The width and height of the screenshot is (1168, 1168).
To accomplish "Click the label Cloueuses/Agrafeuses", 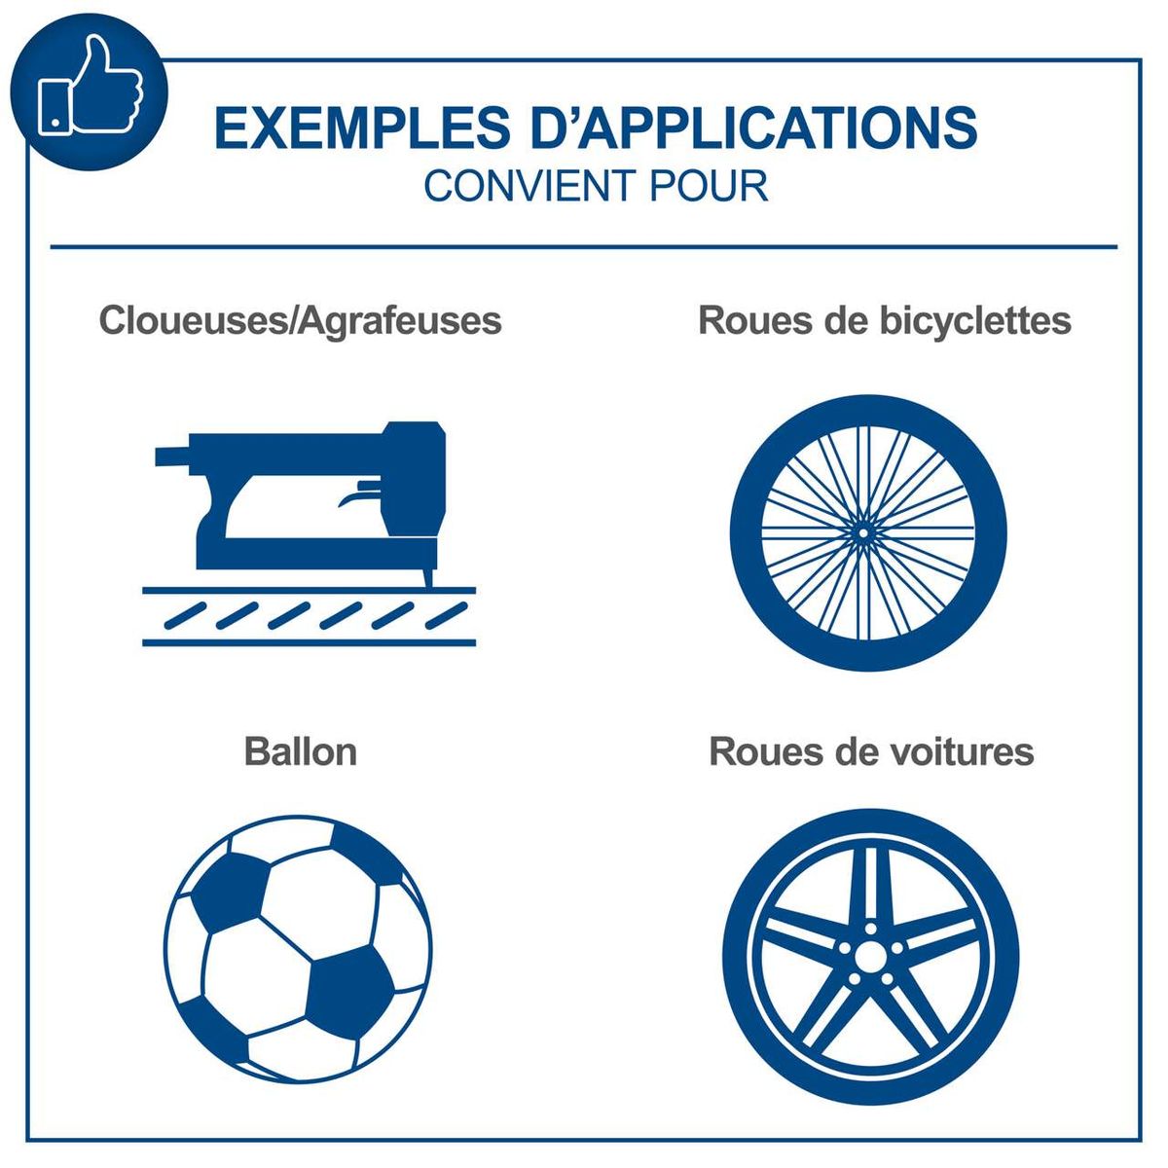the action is (x=300, y=320).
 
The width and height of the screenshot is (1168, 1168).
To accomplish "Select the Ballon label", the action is (x=301, y=751).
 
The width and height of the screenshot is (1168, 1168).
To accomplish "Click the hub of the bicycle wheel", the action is (x=862, y=533).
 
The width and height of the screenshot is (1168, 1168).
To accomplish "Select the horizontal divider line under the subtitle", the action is (x=584, y=246).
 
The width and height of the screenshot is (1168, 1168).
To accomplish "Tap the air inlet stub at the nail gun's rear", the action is (x=172, y=456).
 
